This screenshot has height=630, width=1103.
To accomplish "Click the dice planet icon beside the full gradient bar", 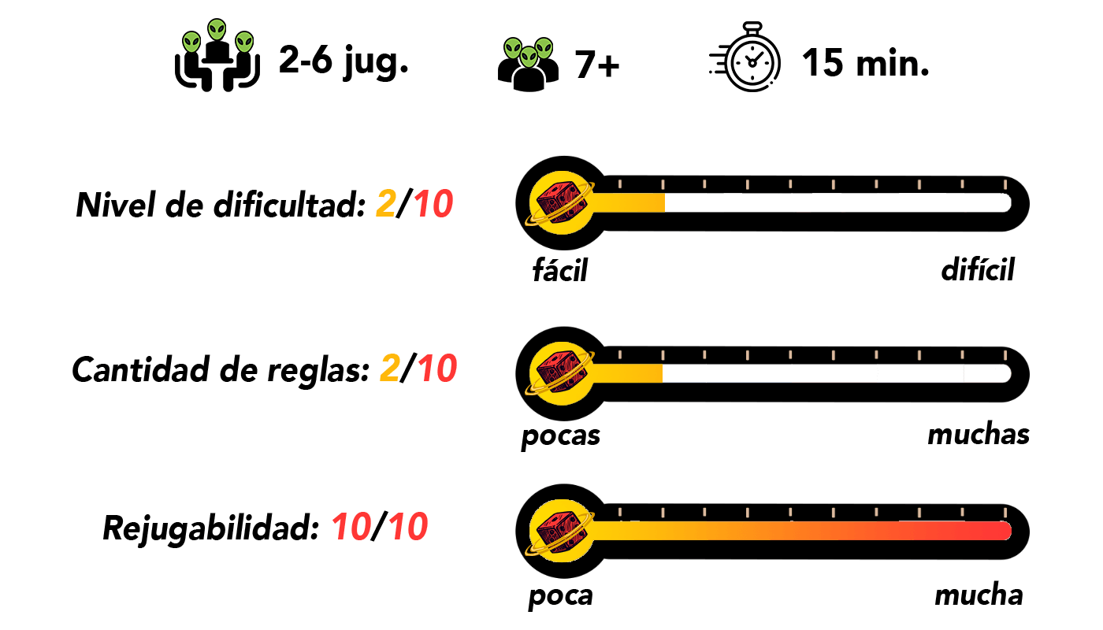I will pos(561,531).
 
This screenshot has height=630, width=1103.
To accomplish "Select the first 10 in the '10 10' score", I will pos(351,527).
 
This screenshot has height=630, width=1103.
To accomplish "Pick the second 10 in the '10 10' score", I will pos(408,527).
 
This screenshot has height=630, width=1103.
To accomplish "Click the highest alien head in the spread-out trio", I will pos(217,30).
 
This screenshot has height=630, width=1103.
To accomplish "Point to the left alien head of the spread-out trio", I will pos(191,43).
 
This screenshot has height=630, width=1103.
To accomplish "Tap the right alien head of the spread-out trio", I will pos(244,43).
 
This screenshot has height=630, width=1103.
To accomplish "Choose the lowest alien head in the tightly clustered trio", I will pos(529,57).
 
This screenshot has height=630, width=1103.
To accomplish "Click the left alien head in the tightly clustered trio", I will pos(513,48).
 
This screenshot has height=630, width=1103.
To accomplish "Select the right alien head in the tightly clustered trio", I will pos(544,48).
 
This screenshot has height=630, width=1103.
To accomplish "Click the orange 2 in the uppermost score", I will pos(386,205).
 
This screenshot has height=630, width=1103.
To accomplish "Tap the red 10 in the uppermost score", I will pos(433,205).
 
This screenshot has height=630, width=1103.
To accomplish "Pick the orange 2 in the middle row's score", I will pos(390,369).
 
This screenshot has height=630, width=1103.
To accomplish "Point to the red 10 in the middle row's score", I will pos(437,369).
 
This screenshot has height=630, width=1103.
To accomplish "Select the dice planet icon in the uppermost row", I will pos(561,202).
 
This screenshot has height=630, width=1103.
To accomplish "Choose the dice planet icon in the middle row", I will pos(561,373).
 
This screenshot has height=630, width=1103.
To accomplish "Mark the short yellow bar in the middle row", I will pos(628,373).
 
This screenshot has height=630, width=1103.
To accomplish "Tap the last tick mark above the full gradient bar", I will pos(1005,513).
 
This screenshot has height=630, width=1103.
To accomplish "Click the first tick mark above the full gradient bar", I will pos(620,513).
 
